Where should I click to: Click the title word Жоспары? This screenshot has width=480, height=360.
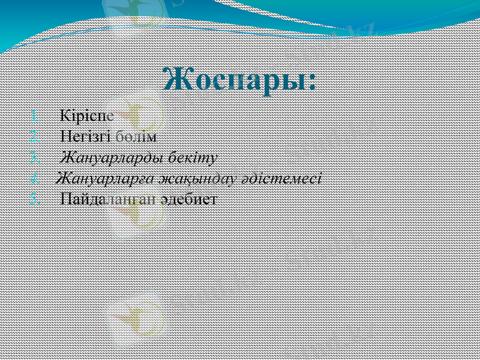234,79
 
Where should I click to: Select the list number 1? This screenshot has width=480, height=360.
35,115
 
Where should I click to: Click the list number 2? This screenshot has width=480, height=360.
35,136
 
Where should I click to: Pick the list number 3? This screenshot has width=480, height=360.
35,157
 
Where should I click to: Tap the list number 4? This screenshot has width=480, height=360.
35,178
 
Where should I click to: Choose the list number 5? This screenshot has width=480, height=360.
35,199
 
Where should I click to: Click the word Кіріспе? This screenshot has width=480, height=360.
88,115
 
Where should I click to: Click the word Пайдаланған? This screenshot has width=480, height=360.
109,199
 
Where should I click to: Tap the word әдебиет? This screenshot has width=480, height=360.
188,199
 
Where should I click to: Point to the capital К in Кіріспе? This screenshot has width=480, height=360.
65,115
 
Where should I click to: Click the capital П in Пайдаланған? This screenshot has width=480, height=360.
66,199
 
